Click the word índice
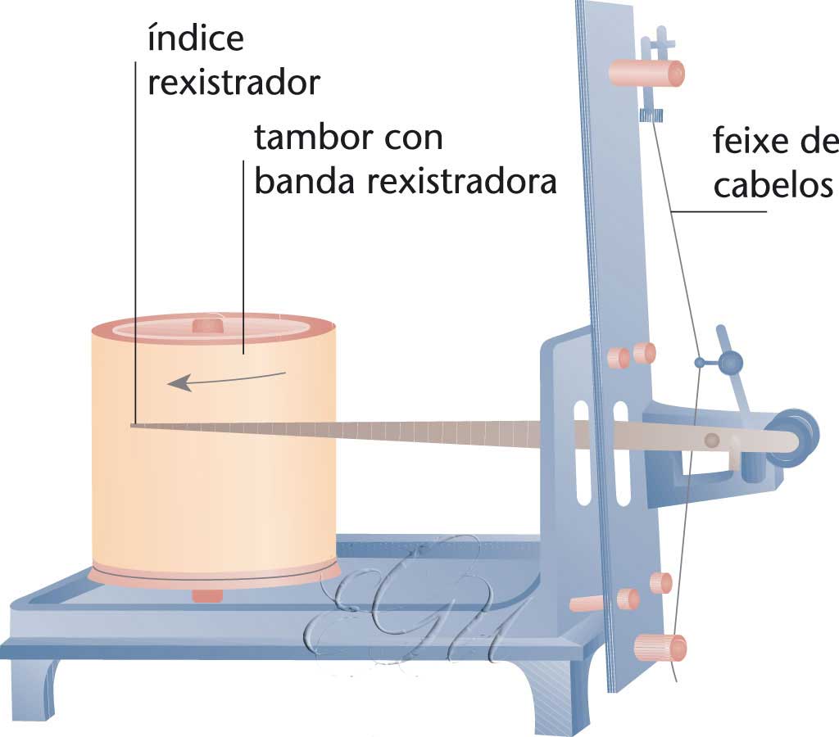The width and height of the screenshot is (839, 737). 194,38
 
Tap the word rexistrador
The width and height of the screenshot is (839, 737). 233,84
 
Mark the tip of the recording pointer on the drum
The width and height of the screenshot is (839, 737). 133,424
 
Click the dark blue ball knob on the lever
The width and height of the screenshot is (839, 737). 728,360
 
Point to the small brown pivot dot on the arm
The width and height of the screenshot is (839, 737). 712,441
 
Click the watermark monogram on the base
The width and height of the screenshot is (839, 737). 410,606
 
